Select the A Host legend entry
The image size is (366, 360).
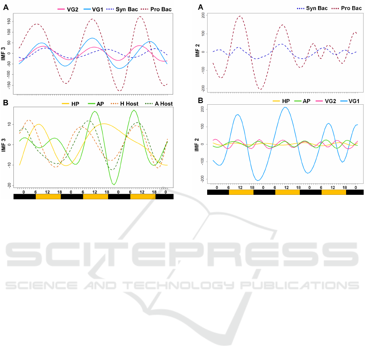pos(163,103)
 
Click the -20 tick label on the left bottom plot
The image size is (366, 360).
pos(10,185)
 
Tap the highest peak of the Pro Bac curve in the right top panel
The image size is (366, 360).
pos(240,16)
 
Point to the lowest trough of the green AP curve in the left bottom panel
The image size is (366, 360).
pos(115,185)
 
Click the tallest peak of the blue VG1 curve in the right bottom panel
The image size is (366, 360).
pos(286,108)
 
